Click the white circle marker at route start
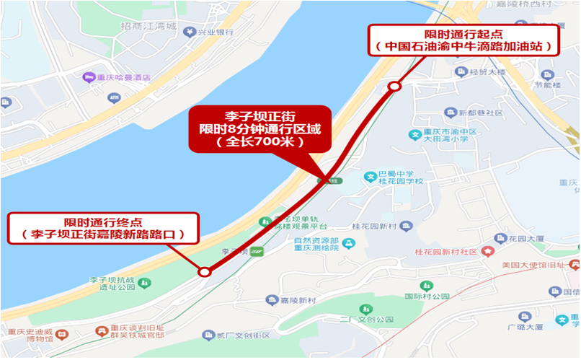394,87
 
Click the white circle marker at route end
205,272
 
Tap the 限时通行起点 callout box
464,40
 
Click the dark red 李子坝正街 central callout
260,129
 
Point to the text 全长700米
260,143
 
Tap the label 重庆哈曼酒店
125,77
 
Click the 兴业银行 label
216,32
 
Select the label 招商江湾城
148,27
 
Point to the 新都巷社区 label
484,113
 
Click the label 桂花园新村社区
451,252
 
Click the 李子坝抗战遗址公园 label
112,283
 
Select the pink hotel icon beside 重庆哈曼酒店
89,77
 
